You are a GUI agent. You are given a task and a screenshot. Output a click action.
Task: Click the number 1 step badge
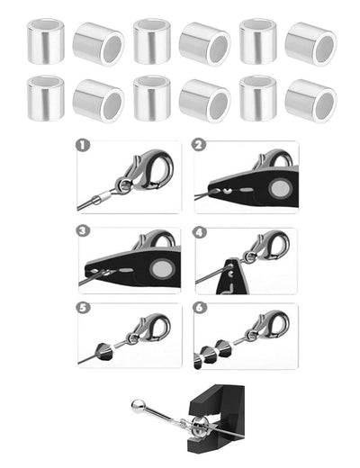tap(83, 146)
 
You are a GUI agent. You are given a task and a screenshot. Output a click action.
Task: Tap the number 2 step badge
tap(199, 145)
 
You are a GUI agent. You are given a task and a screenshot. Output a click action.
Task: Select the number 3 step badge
tap(83, 231)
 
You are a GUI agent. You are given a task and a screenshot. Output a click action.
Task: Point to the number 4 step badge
tap(200, 232)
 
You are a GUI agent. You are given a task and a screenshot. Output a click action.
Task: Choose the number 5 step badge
tap(83, 308)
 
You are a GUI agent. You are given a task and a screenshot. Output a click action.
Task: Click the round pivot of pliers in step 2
tap(280, 188)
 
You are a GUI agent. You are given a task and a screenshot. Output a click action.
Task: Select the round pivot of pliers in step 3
tap(162, 269)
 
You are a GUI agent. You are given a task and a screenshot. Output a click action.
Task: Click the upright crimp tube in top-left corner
tap(46, 41)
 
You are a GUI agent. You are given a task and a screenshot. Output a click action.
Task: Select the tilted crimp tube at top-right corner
tap(310, 44)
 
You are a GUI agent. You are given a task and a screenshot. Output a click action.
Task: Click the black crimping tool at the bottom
tap(217, 418)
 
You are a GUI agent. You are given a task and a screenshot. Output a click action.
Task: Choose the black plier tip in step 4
tap(233, 276)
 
